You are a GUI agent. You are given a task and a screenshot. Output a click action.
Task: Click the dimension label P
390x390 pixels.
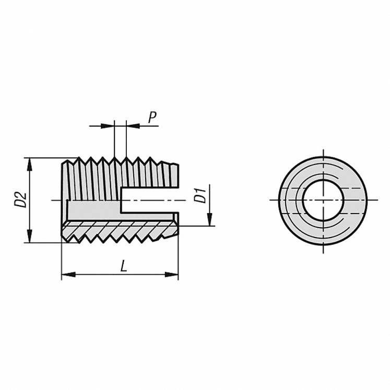(x=152, y=117)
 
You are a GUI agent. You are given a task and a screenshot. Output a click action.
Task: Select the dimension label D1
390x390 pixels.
(x=199, y=195)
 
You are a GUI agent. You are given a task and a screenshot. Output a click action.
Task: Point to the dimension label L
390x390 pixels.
(x=124, y=266)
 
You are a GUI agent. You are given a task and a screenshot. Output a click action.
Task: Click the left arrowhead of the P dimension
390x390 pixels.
(x=108, y=125)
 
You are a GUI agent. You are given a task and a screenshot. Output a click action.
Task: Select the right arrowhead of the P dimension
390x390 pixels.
(x=132, y=125)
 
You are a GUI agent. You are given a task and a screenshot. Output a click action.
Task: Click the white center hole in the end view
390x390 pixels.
(x=323, y=200)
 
